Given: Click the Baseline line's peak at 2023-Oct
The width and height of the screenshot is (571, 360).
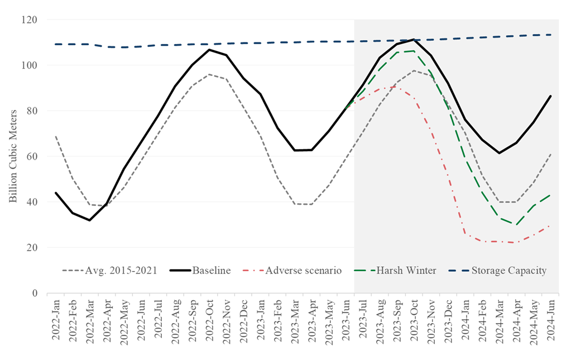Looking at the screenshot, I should pos(413,40).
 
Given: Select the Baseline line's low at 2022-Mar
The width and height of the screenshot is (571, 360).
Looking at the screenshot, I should pos(89,220).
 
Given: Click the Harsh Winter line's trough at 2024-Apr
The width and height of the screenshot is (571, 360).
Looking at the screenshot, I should pos(516,225).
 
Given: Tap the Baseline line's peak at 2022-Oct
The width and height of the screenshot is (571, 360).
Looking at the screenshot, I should pos(209,50).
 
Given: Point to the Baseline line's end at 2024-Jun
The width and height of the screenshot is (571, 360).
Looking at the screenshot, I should pos(551,96).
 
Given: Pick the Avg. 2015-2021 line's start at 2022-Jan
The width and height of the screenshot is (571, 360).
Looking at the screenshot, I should pos(55,136).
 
